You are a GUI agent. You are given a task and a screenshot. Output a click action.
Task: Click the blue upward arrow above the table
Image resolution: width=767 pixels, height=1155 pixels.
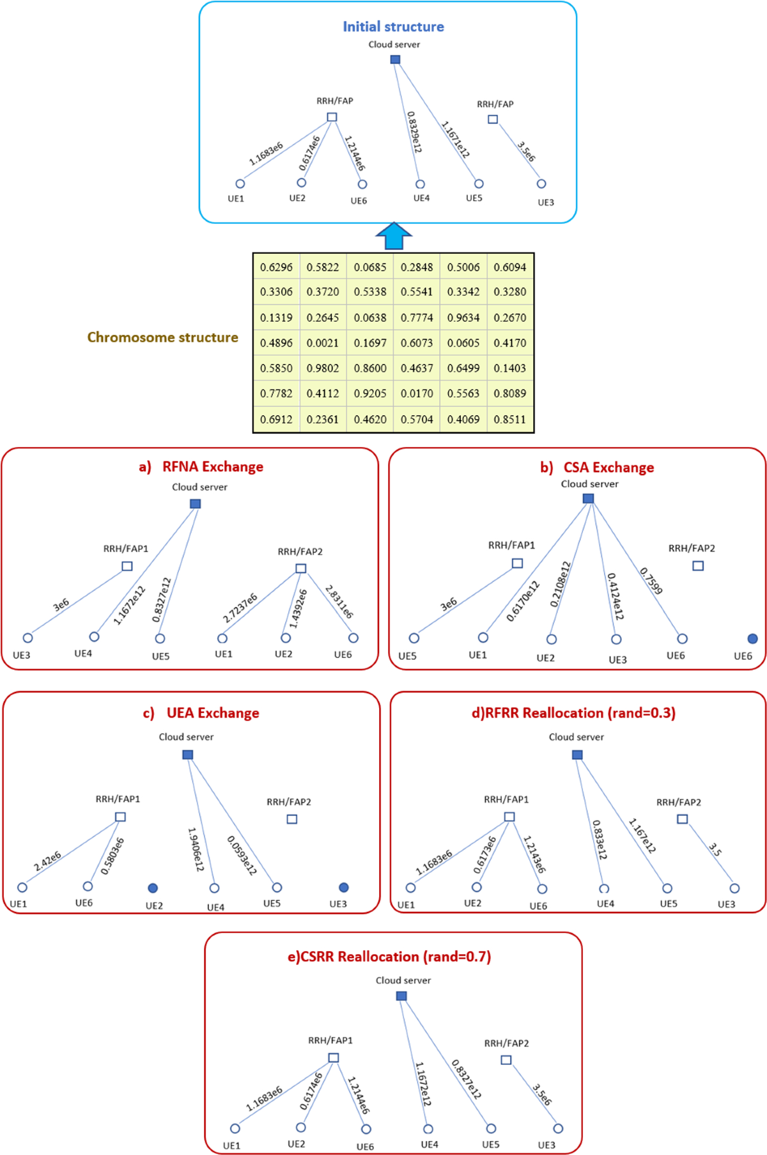point(394,236)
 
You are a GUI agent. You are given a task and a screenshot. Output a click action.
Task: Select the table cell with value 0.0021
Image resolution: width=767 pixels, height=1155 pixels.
point(323,343)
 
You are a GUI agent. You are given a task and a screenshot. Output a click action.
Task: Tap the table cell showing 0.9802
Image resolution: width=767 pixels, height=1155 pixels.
point(323,368)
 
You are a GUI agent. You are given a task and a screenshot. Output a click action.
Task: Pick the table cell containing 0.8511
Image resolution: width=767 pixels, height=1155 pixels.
point(509,420)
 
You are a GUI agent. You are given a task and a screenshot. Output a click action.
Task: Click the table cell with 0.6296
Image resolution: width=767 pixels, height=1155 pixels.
point(276,267)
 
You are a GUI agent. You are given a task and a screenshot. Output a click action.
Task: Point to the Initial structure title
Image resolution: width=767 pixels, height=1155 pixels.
point(393,27)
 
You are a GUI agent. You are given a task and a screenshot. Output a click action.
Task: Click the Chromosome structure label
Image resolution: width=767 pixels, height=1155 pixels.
point(162,337)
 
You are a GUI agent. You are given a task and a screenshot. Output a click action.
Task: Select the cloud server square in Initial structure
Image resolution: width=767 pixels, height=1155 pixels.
point(396,59)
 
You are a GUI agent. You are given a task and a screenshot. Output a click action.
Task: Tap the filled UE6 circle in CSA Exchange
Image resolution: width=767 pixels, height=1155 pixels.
point(752,638)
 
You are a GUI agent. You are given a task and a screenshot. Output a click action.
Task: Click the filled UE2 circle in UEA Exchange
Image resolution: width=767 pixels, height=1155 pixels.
point(153,888)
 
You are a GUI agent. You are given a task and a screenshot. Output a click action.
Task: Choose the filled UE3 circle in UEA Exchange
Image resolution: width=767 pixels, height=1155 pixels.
point(343,887)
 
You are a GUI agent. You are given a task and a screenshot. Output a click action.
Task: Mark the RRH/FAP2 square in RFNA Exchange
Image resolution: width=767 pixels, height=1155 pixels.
point(301,568)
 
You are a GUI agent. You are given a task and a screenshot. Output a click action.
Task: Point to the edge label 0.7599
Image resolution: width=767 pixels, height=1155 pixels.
point(651,581)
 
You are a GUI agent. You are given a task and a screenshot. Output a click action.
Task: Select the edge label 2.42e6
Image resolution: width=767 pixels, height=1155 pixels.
point(48,861)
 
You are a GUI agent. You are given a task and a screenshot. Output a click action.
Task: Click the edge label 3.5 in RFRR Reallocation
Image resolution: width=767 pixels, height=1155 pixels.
point(715,850)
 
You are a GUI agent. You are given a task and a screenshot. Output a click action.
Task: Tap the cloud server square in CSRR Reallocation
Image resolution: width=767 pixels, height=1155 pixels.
point(401,996)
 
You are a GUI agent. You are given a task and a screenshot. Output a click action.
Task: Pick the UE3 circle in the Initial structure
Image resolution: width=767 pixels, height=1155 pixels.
point(541,184)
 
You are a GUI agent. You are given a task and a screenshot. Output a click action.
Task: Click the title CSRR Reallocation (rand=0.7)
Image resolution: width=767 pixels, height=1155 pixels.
point(389,957)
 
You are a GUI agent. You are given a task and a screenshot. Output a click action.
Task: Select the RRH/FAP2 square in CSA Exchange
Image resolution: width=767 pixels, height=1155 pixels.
point(698,565)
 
